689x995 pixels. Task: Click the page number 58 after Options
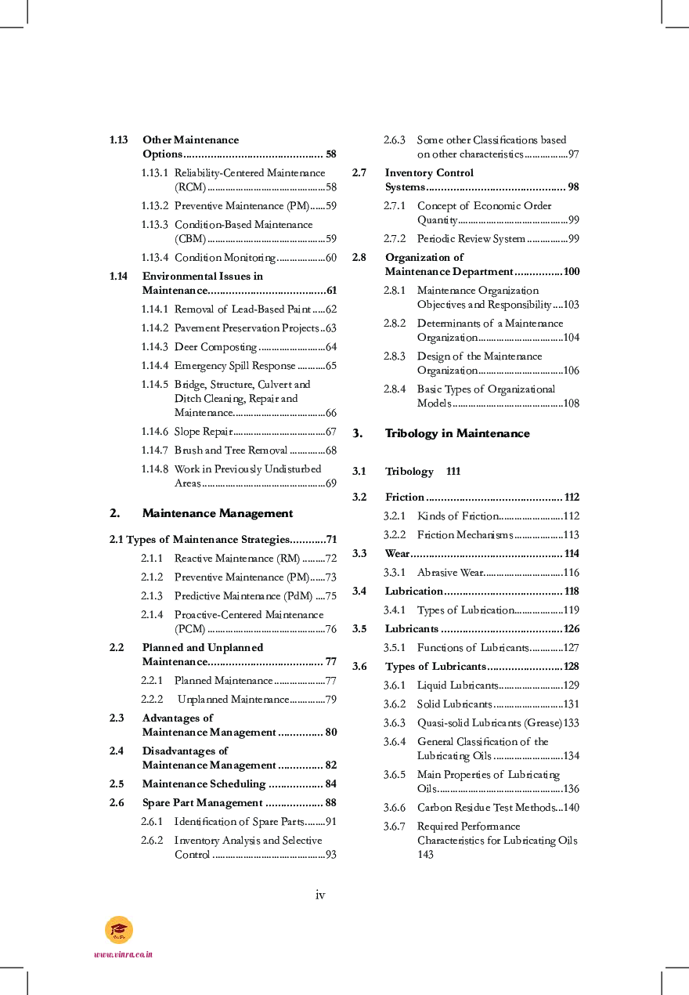330,154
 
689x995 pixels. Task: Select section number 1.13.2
154,206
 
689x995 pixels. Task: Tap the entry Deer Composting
215,347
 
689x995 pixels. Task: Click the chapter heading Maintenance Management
217,513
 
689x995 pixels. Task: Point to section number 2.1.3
152,596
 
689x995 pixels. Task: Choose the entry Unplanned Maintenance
233,700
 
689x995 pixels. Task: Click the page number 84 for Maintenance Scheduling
330,784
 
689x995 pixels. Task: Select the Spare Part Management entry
202,803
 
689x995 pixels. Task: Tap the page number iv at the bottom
320,895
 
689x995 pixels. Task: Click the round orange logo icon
119,930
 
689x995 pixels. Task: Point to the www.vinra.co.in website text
123,954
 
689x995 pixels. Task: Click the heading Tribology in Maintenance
457,433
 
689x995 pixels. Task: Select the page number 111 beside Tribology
453,472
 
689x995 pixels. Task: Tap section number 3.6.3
395,723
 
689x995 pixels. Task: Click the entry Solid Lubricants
454,704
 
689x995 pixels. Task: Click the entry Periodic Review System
471,239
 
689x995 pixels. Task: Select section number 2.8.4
395,389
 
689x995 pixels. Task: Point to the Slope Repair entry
200,432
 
